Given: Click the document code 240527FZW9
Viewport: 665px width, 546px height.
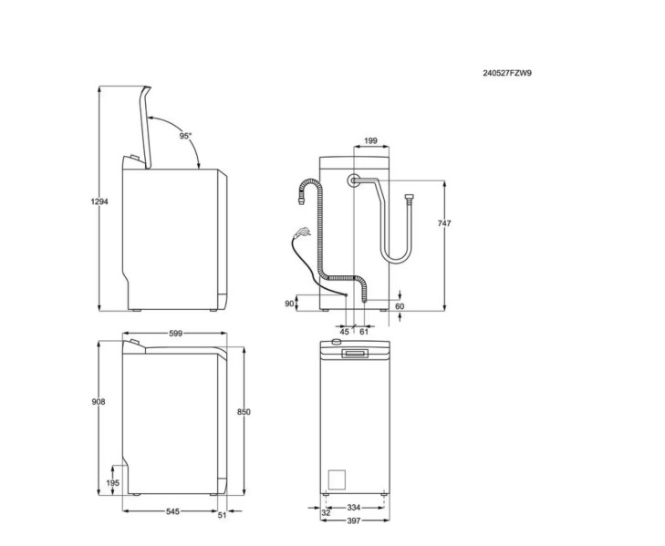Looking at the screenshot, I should (x=507, y=72).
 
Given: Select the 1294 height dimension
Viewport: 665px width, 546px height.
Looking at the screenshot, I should (x=101, y=201).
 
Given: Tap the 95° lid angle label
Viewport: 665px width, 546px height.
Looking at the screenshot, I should (x=185, y=135).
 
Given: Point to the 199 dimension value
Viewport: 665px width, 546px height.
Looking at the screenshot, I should (x=370, y=140).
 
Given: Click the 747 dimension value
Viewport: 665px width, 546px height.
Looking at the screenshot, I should (x=444, y=223).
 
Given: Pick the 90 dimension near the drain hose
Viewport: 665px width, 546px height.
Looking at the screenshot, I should (x=289, y=304).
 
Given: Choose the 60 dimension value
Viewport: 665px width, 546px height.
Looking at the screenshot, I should (x=399, y=306).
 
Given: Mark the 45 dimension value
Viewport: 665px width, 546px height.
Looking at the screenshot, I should (x=345, y=332).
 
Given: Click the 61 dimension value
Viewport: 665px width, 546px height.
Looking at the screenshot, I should (x=363, y=332).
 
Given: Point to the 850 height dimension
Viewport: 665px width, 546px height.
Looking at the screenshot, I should (x=244, y=412).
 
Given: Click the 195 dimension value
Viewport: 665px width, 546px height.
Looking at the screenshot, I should (x=114, y=483).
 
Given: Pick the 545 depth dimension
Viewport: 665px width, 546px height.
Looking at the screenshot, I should (x=173, y=512).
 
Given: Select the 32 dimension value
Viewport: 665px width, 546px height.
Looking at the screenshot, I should (x=326, y=513).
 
